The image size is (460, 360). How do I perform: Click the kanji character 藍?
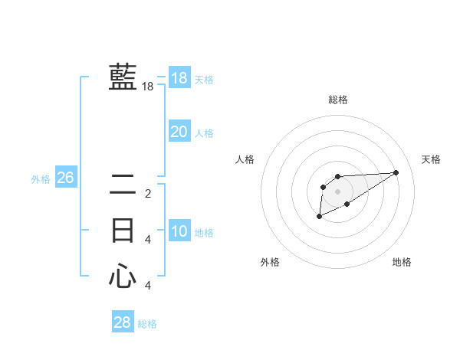click(123, 78)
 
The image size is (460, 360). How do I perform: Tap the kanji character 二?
click(123, 186)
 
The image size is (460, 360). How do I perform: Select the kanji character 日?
click(123, 231)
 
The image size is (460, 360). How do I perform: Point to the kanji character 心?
click(123, 276)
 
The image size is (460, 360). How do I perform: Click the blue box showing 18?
click(179, 77)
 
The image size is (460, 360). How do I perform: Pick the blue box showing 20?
click(179, 132)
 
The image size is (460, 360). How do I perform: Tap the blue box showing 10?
click(179, 231)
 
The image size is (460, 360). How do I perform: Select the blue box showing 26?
click(65, 178)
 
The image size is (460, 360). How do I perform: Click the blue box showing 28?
click(122, 322)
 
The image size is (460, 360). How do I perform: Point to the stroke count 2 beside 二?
click(148, 194)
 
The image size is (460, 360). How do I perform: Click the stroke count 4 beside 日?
click(148, 240)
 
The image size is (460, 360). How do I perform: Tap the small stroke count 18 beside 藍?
click(148, 87)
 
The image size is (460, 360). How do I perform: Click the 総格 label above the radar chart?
click(337, 100)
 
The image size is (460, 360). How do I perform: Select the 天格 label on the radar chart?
click(431, 159)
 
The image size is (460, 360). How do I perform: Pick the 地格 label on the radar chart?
click(402, 262)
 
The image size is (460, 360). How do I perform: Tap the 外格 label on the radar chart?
click(270, 262)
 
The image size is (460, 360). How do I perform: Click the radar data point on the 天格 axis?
click(396, 172)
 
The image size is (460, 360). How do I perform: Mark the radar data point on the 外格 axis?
click(319, 217)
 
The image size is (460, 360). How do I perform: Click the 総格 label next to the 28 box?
click(147, 324)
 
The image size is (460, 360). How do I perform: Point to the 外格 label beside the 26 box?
click(41, 179)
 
